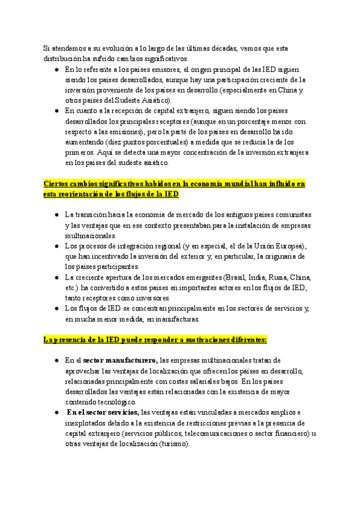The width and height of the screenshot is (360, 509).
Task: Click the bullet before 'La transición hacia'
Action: [x=56, y=215]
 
